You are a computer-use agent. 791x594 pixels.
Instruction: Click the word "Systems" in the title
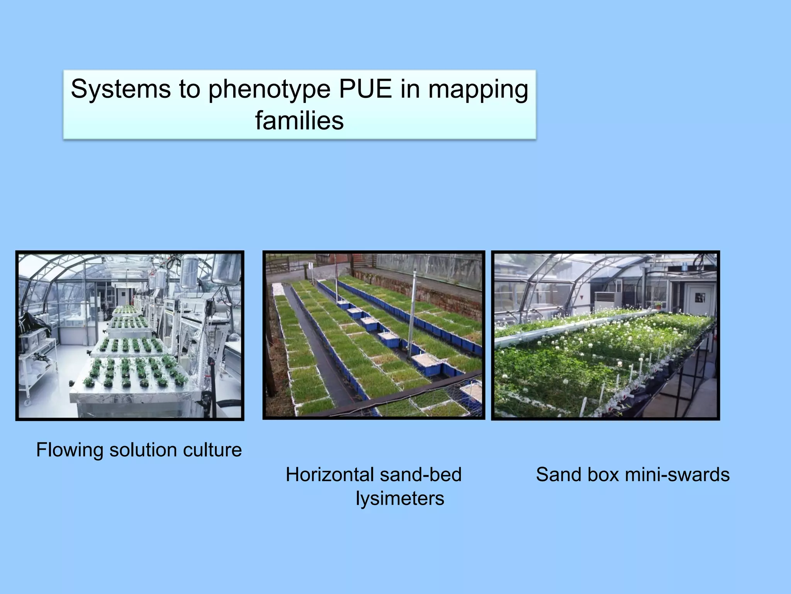click(x=121, y=89)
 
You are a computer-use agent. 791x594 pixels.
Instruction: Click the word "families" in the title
click(x=299, y=121)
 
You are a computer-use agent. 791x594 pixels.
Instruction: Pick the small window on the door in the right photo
click(x=699, y=297)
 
